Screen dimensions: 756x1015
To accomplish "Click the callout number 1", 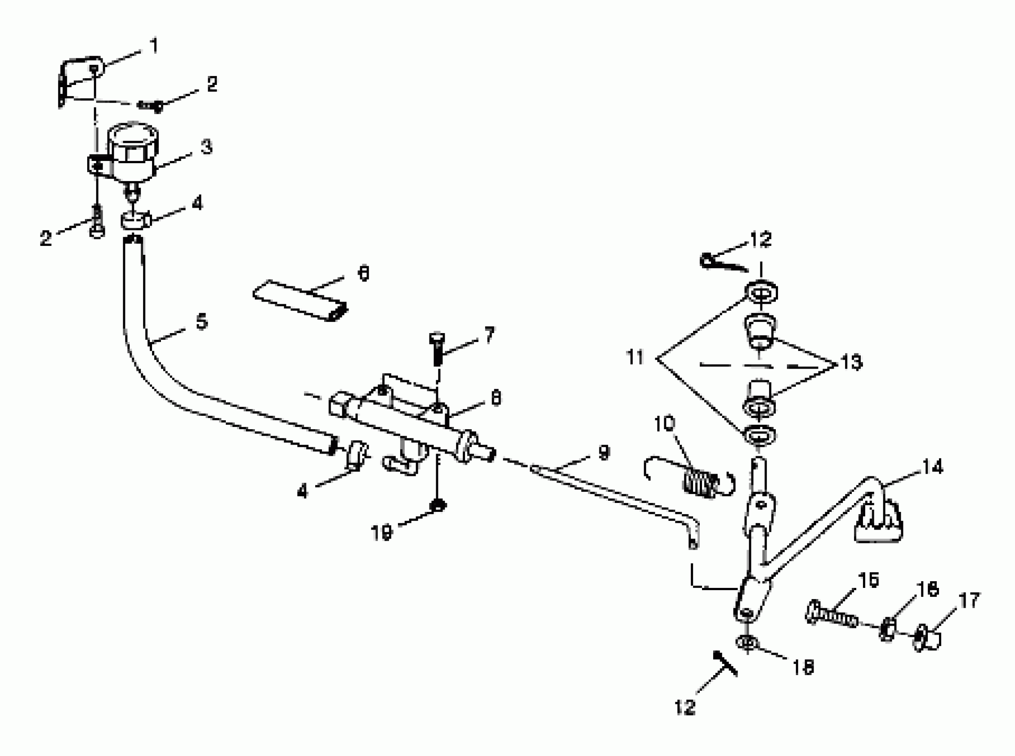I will (154, 46).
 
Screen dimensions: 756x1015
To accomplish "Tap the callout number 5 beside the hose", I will (202, 322).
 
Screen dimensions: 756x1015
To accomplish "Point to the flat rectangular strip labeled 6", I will (300, 300).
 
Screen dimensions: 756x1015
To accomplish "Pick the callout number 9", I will (604, 453).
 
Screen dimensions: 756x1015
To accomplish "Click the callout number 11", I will (635, 357).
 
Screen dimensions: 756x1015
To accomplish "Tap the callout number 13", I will (852, 362).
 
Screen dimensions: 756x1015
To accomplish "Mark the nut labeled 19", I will (439, 506).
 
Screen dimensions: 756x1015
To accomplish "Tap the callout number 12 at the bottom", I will (685, 708).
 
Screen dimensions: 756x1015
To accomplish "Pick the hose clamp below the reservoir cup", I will (136, 220).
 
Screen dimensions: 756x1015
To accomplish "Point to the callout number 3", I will (207, 147).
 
